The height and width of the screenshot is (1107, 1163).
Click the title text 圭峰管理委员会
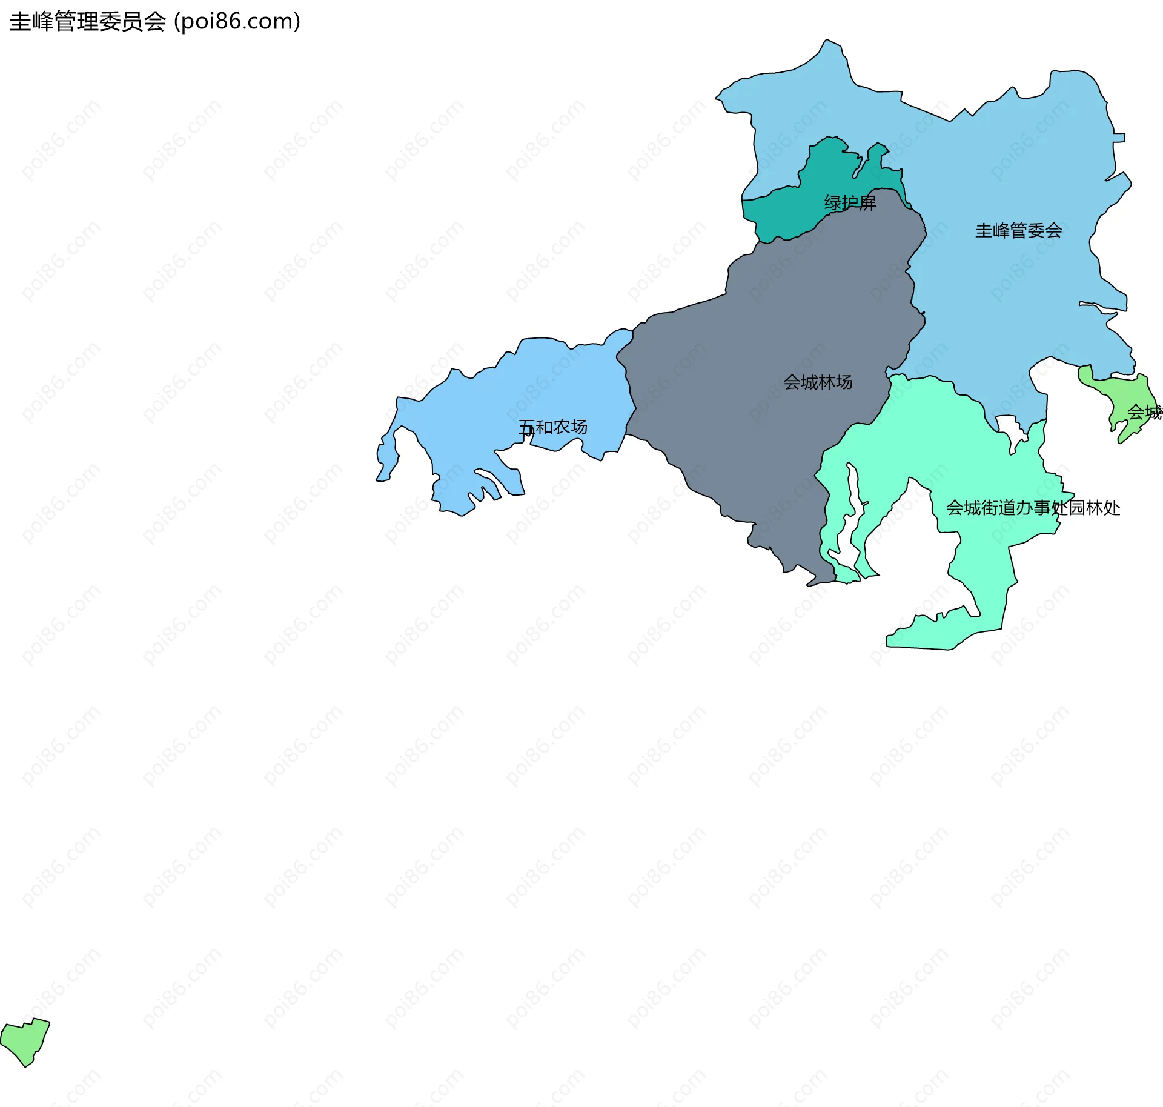[88, 22]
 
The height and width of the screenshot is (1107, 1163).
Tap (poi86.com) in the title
[237, 22]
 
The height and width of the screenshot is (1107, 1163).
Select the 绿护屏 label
[850, 203]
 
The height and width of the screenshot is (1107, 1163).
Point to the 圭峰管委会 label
[1018, 230]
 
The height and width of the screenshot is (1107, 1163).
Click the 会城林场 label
[818, 382]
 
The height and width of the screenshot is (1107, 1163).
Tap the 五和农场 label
[552, 427]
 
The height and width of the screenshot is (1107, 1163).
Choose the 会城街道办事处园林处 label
[1033, 508]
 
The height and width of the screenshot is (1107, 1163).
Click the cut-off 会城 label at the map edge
[1144, 413]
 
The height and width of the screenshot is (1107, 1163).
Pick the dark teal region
[781, 212]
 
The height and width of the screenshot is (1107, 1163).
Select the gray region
[757, 424]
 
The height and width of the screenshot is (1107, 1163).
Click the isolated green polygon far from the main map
[25, 1040]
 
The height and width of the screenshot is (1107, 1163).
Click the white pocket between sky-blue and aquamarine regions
[1010, 427]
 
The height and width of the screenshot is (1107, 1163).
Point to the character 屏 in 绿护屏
[867, 203]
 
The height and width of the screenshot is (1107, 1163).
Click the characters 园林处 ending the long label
[1094, 508]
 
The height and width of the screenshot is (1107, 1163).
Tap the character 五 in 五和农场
[527, 428]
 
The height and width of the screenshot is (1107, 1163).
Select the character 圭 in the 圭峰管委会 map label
[983, 230]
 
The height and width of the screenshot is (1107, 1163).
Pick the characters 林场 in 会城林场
[835, 382]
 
